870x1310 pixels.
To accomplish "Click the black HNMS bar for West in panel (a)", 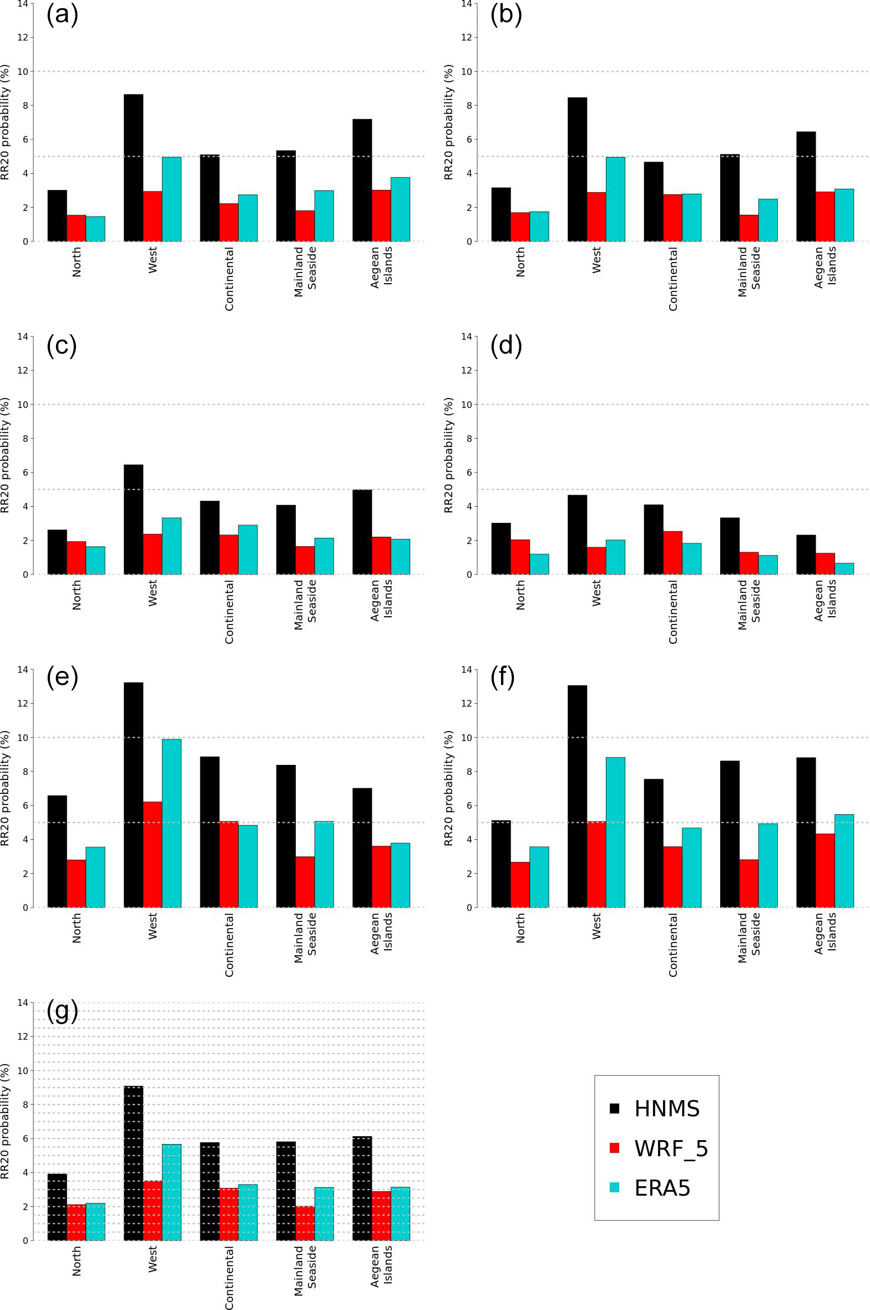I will [x=133, y=168].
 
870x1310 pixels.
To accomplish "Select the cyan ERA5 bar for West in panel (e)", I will [x=171, y=823].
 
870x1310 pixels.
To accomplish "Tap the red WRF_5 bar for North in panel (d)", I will [x=520, y=557].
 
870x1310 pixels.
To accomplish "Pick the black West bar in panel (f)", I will [x=577, y=797].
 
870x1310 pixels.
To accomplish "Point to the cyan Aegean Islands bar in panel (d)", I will [x=844, y=569].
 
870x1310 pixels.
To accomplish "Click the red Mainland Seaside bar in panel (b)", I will [x=748, y=228].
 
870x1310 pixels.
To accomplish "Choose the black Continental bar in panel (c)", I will [x=210, y=537].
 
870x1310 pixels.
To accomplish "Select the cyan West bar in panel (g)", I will [x=171, y=1192].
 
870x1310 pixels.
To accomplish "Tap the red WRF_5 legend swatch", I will [x=614, y=1148].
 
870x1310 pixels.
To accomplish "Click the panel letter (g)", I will [x=62, y=1011].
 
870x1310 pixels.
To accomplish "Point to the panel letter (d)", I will [x=506, y=345].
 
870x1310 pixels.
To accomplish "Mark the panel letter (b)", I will [x=506, y=14].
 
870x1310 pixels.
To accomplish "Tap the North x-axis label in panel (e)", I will [x=77, y=928].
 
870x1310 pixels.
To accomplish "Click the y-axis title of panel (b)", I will [x=449, y=122].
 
